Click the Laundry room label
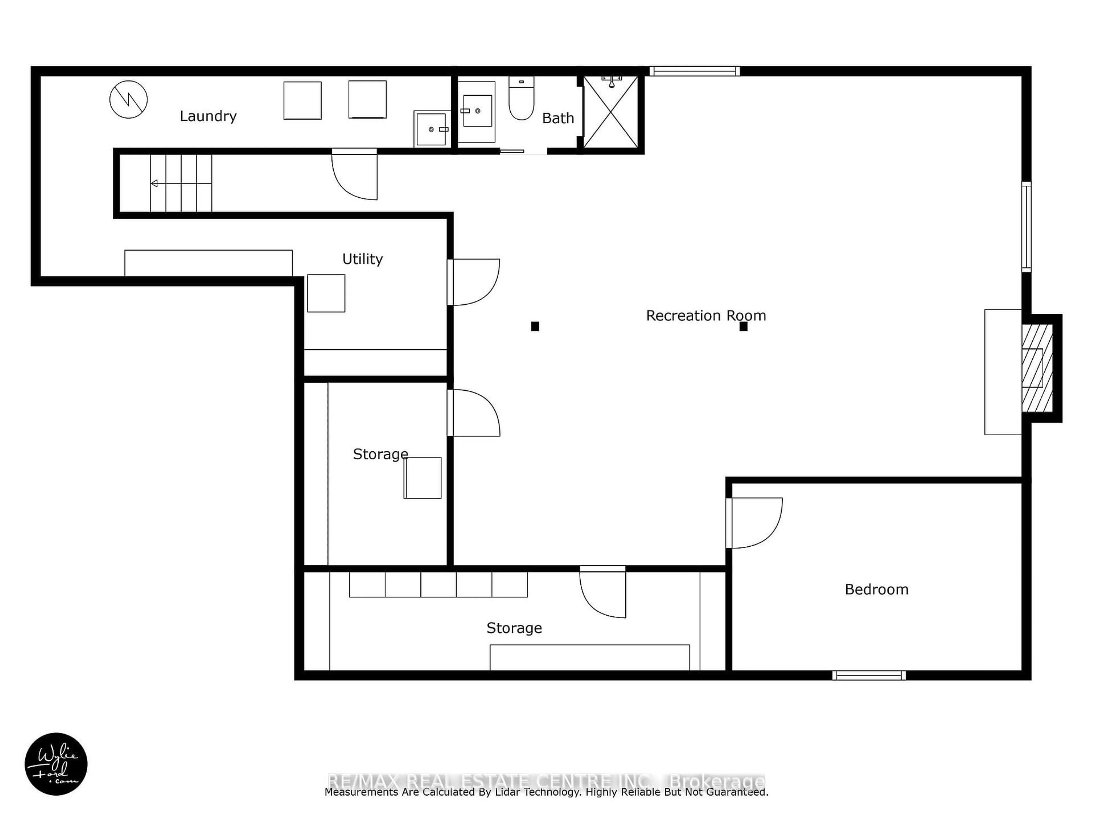tap(208, 116)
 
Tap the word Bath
tap(558, 118)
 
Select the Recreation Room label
tap(706, 315)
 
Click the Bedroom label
tap(876, 589)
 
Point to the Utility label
tap(362, 259)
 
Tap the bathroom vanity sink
tap(477, 111)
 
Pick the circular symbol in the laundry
tap(128, 99)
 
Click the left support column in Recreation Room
tap(535, 326)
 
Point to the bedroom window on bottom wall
tap(869, 675)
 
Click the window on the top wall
tap(694, 71)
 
